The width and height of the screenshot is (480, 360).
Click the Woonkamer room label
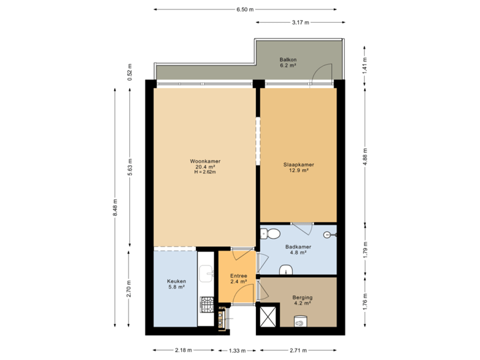click(x=205, y=161)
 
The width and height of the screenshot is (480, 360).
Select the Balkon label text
click(x=288, y=60)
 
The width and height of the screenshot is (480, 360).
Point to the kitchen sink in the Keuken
click(x=206, y=273)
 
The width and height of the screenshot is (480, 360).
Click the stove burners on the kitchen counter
click(x=206, y=309)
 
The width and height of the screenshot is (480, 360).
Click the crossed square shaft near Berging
click(x=269, y=316)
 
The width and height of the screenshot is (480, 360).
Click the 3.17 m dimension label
click(x=301, y=23)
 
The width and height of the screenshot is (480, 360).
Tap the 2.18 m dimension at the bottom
click(x=183, y=350)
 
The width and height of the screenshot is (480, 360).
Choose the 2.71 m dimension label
click(x=299, y=350)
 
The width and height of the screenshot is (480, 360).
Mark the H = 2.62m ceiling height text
click(x=205, y=173)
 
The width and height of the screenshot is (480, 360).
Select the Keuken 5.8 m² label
click(x=177, y=285)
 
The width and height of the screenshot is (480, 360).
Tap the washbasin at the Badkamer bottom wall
click(x=286, y=269)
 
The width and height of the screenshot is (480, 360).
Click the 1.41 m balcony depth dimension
click(x=364, y=64)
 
